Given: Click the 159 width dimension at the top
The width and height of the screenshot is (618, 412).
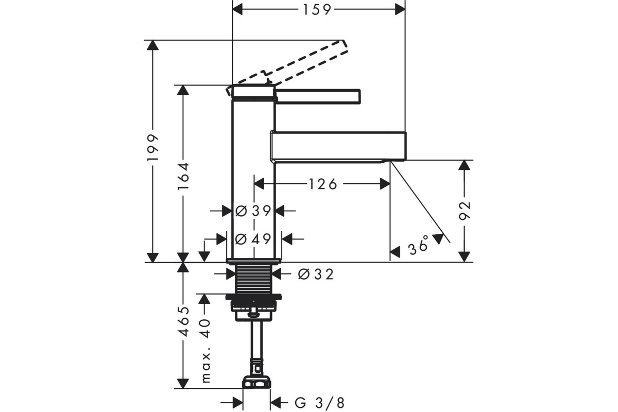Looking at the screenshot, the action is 317,10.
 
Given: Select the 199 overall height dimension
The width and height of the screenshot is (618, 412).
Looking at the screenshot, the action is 153,148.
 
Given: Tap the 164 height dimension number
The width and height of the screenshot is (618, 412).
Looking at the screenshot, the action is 183,176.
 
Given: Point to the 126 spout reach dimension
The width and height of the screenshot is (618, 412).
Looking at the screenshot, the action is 322,184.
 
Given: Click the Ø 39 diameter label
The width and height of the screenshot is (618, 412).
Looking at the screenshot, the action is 253,211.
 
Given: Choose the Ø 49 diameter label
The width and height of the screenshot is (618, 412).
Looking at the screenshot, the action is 253,239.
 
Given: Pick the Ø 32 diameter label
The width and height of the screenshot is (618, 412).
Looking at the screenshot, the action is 316,274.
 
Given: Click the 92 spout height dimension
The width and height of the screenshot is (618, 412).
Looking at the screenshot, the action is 465,211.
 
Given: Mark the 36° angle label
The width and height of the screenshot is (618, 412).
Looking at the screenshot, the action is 419,245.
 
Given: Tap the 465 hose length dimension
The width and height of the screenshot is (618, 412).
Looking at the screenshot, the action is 183,321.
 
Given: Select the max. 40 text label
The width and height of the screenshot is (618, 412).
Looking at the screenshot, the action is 206,351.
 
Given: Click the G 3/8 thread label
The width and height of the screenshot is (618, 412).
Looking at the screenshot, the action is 320,403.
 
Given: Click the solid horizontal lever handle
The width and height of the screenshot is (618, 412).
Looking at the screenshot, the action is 318,96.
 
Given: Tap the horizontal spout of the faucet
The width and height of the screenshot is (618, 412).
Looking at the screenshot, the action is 338,146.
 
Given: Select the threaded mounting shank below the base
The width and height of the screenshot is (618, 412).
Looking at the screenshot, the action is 253,279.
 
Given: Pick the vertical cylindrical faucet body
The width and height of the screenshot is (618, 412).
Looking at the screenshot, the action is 253,173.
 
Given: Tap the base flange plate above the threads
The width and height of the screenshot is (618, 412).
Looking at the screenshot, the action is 253,261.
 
